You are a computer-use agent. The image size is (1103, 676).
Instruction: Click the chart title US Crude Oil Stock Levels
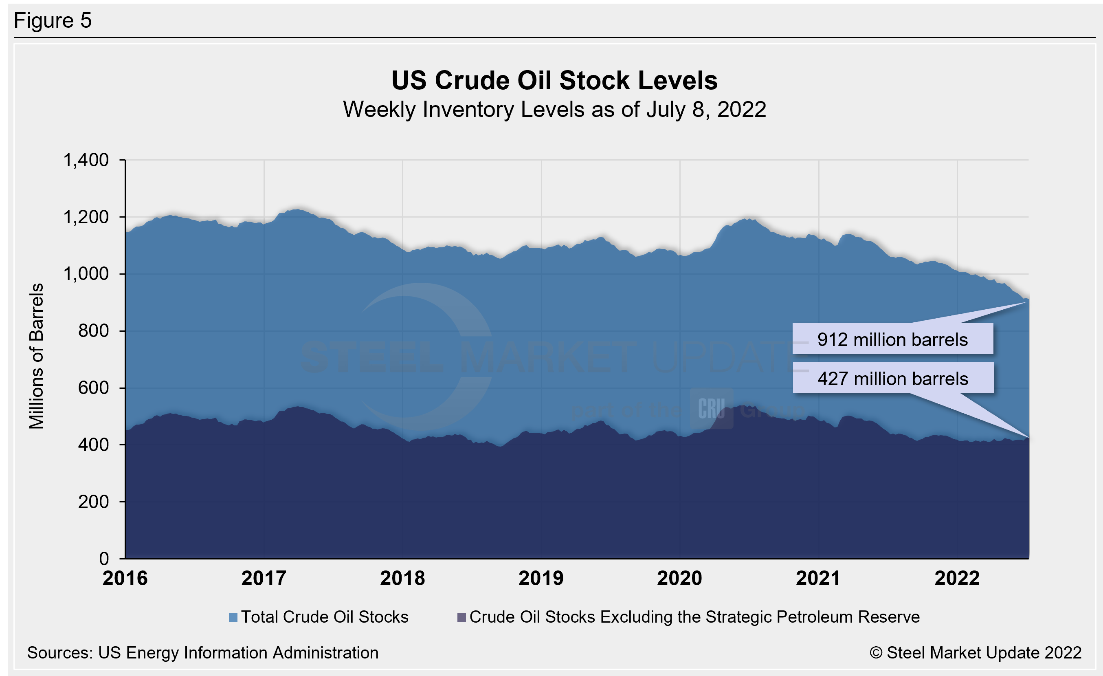click(554, 81)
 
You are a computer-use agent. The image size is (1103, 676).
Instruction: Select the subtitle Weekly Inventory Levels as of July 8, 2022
click(554, 110)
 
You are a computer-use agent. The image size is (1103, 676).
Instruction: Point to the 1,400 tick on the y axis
click(86, 160)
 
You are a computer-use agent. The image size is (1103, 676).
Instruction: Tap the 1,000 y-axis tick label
click(86, 274)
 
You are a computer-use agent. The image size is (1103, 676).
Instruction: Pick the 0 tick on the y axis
click(104, 559)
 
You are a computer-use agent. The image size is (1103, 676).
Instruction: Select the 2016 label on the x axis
click(125, 578)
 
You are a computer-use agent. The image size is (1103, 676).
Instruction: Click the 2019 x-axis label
click(541, 578)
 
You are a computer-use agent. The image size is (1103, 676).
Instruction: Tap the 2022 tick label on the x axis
click(957, 578)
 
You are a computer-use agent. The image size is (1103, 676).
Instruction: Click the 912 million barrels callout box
click(892, 339)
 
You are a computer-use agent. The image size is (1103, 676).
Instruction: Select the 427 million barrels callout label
click(892, 379)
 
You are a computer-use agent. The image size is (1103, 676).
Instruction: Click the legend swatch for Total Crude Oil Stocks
click(233, 618)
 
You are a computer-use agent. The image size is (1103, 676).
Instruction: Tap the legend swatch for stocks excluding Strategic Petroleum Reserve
click(461, 618)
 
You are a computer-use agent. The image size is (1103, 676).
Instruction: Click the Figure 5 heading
click(53, 21)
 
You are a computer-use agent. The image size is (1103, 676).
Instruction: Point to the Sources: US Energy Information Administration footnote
click(203, 653)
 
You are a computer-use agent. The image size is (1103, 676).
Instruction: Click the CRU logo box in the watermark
click(711, 408)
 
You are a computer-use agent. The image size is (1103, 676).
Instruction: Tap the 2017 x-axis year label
click(264, 578)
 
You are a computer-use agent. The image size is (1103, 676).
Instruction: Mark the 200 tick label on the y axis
click(93, 502)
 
